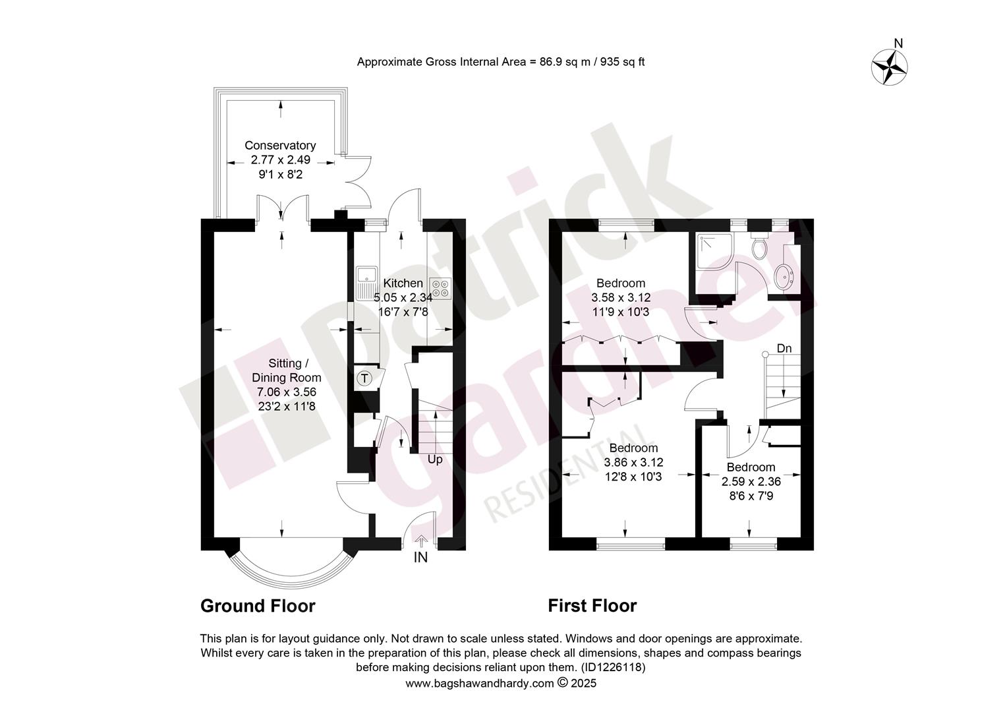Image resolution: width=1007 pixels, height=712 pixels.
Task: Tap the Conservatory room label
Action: tap(280, 145)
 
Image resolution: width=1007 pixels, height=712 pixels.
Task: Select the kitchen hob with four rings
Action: tap(440, 288)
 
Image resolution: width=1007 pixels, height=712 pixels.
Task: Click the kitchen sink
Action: tap(366, 283)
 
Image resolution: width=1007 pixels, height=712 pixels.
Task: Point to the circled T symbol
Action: tap(365, 378)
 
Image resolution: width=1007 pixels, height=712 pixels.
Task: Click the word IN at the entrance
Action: tap(420, 558)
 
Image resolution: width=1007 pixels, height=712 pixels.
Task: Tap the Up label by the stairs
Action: tap(435, 460)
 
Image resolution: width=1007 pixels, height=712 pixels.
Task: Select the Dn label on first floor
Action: tap(784, 348)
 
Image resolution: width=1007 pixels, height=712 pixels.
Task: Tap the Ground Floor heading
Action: tap(258, 606)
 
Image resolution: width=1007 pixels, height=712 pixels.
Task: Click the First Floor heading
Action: tap(592, 606)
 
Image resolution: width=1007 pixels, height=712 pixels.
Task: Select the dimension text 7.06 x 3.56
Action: tap(287, 392)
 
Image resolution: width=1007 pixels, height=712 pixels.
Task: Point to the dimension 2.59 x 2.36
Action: tap(751, 481)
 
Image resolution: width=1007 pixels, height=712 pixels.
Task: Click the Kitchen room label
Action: tap(403, 283)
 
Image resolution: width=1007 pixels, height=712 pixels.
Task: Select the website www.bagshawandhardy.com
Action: tap(480, 683)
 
